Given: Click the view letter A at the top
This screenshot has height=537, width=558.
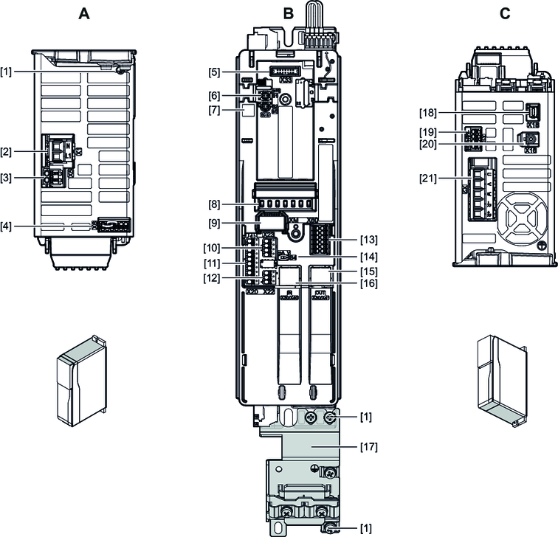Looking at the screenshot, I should pyautogui.click(x=85, y=13).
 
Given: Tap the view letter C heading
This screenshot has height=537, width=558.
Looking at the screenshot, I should pyautogui.click(x=505, y=13).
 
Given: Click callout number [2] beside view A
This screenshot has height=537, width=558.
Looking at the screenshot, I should pyautogui.click(x=7, y=152).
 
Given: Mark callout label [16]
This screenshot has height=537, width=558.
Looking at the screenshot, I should pyautogui.click(x=368, y=283).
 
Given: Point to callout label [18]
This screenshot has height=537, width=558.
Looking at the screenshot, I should pyautogui.click(x=430, y=112).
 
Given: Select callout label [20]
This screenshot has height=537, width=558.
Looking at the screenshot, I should pyautogui.click(x=430, y=145).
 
